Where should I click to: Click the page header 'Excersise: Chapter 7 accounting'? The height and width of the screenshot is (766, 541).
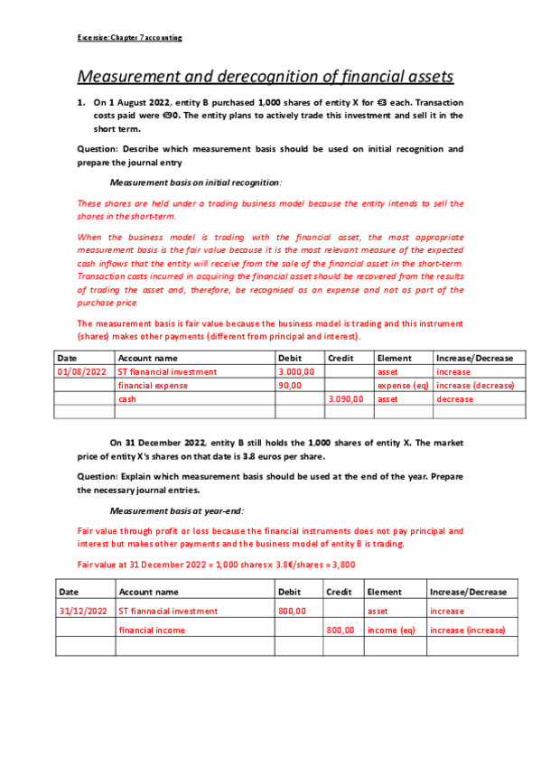coord(129,38)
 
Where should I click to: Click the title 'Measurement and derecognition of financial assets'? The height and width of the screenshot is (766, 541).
coord(266,77)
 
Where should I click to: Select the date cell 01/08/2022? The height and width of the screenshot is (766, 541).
coord(82,371)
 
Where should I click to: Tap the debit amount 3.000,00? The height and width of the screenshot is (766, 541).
coord(296,371)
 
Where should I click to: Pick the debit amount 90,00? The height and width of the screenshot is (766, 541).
coord(291,385)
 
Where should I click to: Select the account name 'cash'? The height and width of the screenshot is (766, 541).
coord(127,398)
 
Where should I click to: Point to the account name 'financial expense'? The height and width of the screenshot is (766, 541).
coord(154,385)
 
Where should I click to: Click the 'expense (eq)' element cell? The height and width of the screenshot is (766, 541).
coord(402,385)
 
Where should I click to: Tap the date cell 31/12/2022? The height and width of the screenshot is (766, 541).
coord(83,611)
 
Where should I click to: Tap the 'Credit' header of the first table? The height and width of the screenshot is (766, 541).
coord(340,358)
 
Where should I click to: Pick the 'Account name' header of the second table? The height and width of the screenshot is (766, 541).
coord(149,592)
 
